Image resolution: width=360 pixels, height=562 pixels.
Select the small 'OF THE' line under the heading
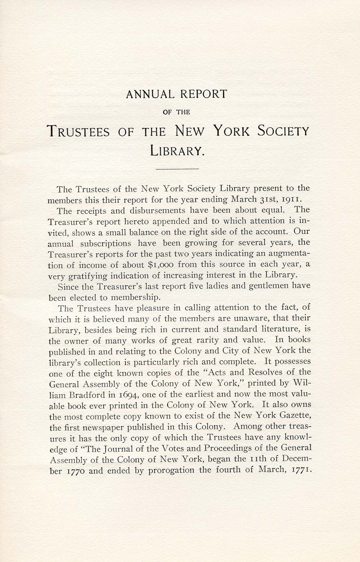pyautogui.click(x=177, y=112)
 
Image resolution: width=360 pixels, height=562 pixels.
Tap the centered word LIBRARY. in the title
pyautogui.click(x=177, y=150)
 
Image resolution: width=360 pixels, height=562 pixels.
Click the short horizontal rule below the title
pyautogui.click(x=177, y=168)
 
